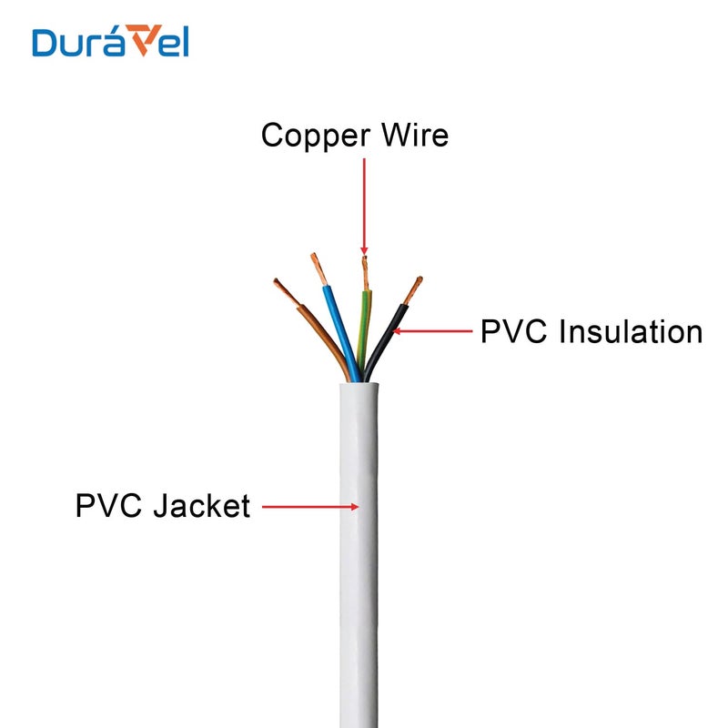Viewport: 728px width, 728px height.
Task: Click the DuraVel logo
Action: point(110,41)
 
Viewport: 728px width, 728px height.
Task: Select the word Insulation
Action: point(631,331)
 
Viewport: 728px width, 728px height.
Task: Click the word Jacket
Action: point(201,505)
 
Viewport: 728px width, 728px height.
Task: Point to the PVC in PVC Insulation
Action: point(515,331)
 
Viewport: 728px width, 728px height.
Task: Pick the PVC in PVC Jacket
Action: point(110,505)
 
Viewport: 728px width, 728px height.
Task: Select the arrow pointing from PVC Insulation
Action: point(432,331)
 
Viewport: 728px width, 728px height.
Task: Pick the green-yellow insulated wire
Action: point(366,332)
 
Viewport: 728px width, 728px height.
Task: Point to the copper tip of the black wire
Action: point(414,289)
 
